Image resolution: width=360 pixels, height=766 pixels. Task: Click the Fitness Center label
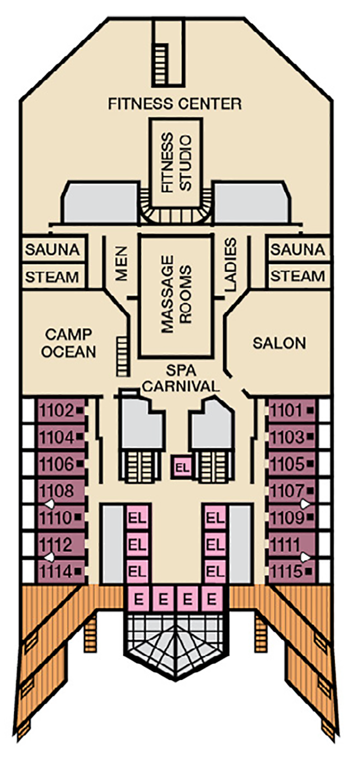[175, 103]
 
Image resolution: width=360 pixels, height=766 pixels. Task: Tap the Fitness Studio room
[175, 162]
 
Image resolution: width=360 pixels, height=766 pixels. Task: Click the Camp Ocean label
[69, 343]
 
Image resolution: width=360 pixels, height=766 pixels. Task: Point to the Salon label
[279, 343]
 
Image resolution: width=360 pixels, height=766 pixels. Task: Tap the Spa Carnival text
[181, 379]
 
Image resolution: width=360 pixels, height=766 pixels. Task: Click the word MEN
[121, 263]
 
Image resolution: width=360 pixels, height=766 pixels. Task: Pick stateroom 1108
[57, 491]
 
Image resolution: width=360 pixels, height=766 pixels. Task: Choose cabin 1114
[57, 572]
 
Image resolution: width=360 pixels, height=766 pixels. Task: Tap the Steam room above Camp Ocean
[52, 277]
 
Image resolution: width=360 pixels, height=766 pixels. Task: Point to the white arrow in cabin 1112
[49, 557]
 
